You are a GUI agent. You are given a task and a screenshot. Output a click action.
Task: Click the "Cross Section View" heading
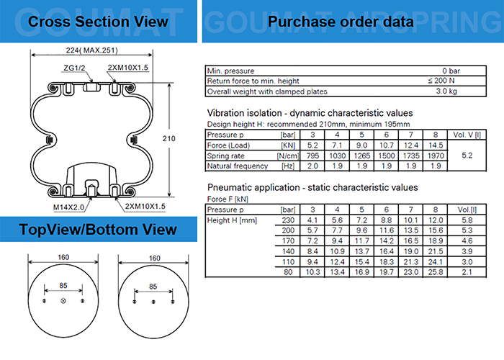[98, 22]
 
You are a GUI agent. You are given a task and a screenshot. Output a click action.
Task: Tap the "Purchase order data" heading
[341, 22]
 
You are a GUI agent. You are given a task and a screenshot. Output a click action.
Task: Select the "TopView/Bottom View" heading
[98, 229]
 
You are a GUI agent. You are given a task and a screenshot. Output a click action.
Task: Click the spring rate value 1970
[434, 156]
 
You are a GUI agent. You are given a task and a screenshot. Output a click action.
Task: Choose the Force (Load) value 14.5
[434, 145]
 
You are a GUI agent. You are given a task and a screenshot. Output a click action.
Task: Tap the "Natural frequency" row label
[238, 166]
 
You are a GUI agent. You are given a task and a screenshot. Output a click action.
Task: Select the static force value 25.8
[434, 273]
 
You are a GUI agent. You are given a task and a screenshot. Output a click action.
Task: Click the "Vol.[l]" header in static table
[466, 209]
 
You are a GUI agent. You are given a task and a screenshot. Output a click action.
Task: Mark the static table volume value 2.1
[466, 273]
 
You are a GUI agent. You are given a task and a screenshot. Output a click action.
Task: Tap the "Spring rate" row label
[226, 156]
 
